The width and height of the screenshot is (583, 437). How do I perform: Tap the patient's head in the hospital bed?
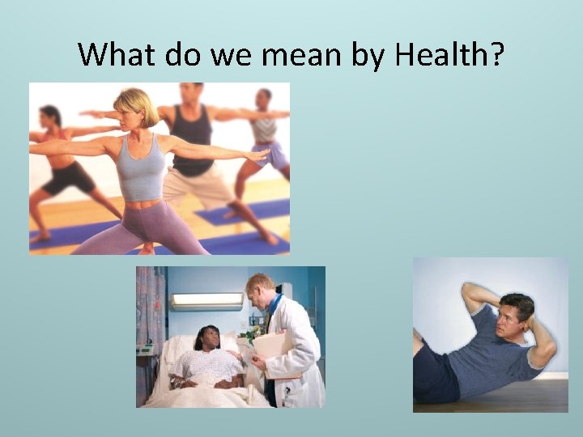[x=206, y=337]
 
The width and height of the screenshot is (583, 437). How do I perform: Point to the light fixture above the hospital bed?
[x=206, y=301]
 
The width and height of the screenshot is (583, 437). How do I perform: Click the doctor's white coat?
[x=300, y=356]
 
